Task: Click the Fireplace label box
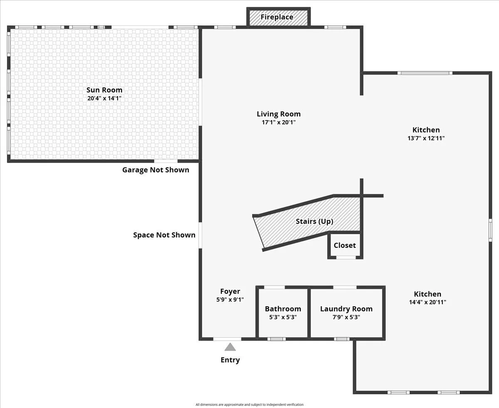tap(277, 17)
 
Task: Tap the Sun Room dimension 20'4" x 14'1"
tap(104, 99)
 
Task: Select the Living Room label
tap(279, 114)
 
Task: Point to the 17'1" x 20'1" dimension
tap(279, 122)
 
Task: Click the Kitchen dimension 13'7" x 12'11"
tap(426, 138)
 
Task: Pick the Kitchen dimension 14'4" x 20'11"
tap(427, 302)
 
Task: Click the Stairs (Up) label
tap(314, 221)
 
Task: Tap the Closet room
tap(345, 245)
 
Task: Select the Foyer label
tap(230, 292)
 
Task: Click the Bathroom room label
tap(283, 309)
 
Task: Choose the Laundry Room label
tap(346, 309)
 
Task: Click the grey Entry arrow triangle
tap(230, 347)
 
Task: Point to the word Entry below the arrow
tap(230, 360)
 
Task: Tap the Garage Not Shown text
tap(156, 170)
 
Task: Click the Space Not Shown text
tap(164, 235)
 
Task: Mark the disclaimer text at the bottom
tap(249, 404)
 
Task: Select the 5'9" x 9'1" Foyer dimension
tap(230, 299)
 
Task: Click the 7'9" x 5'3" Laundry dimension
tap(346, 317)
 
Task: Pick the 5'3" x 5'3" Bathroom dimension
tap(283, 317)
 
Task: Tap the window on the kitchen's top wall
tap(424, 73)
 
